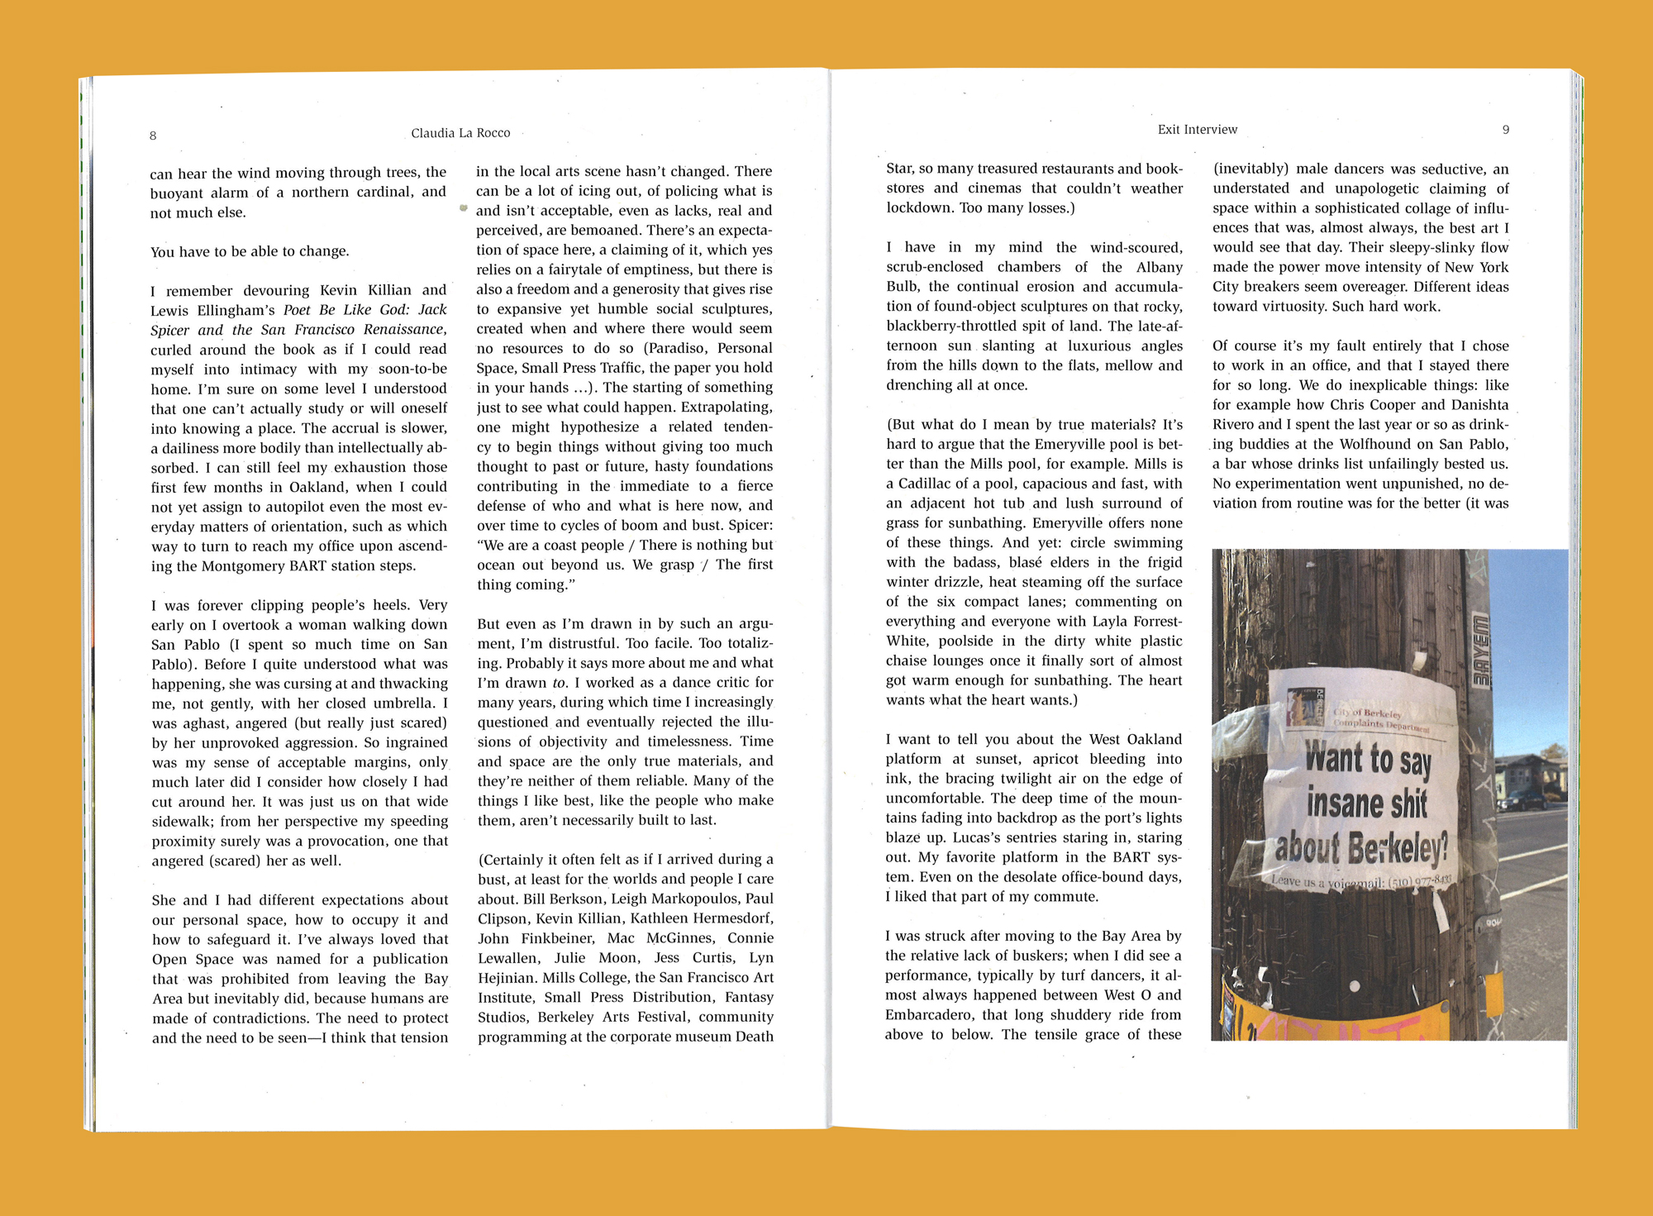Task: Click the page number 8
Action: [153, 136]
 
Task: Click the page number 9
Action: [1505, 130]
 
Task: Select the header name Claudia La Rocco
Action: [460, 133]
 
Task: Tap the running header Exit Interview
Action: [1197, 130]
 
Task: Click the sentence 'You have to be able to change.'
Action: [250, 252]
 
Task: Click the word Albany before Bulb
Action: [1159, 267]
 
